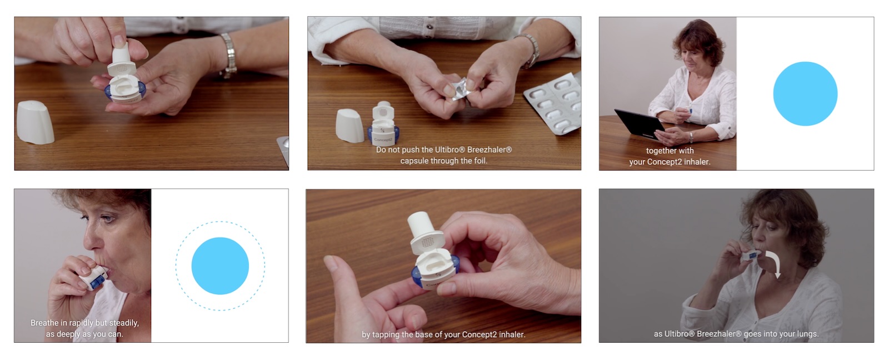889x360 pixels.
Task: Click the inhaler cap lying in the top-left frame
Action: point(35,122)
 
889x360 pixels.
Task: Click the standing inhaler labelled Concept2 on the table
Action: point(383,123)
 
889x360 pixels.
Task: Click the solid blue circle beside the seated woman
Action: point(805,94)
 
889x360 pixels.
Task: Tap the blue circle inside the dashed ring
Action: point(220,266)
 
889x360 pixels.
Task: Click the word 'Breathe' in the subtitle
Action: point(44,323)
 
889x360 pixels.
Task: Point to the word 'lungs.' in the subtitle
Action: point(808,334)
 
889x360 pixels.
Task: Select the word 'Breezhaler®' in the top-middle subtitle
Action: point(490,149)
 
